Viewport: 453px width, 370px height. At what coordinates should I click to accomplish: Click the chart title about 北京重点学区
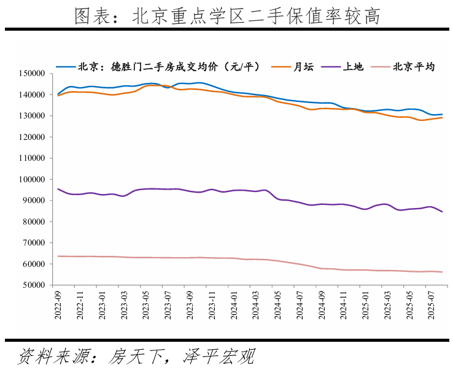pos(226,17)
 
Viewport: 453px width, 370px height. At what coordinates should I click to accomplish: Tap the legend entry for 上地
pos(351,66)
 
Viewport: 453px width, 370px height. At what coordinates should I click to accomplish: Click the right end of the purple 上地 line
pos(442,212)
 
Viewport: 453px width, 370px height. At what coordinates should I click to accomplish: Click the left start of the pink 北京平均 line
pos(58,256)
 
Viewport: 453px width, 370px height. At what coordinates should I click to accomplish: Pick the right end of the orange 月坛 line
pos(442,117)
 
